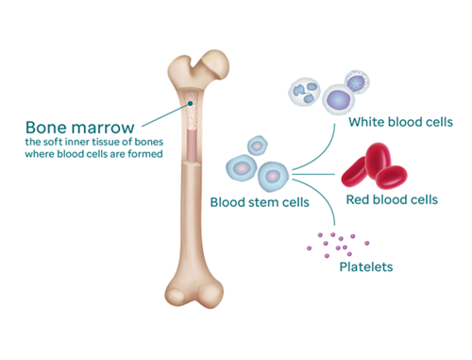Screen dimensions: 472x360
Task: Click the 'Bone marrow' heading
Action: (80, 128)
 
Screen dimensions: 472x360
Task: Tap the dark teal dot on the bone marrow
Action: (190, 103)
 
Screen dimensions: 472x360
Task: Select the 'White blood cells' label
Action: (400, 122)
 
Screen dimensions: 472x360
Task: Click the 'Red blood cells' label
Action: (392, 199)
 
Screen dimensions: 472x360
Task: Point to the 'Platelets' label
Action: (366, 267)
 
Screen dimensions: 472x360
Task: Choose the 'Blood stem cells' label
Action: (260, 202)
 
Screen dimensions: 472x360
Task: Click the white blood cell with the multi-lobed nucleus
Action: (304, 92)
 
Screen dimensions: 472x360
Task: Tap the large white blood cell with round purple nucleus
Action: (338, 99)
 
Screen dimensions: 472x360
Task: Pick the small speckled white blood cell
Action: (357, 81)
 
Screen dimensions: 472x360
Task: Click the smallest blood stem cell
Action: (258, 146)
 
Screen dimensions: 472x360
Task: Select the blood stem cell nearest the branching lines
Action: (273, 177)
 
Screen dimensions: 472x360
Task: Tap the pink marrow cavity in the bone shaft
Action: (192, 145)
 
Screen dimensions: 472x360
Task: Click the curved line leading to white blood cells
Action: (322, 156)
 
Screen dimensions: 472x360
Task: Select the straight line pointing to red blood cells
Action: (313, 174)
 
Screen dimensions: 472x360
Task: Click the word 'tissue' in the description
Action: (105, 142)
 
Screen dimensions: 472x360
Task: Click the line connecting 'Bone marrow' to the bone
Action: (165, 115)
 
